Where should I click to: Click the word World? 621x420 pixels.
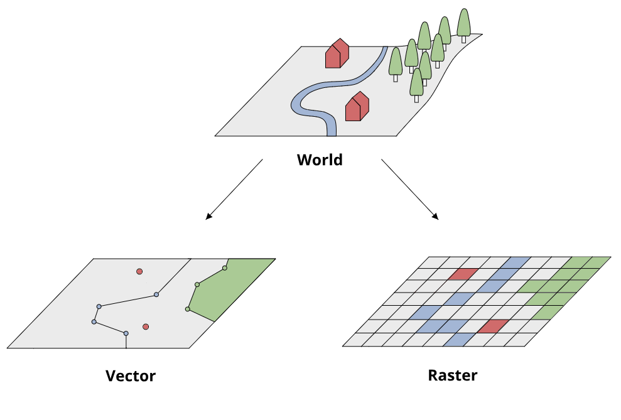click(320, 159)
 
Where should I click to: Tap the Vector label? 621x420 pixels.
click(131, 376)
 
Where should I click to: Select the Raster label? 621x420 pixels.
click(452, 375)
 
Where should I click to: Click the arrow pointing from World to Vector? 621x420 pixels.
click(233, 190)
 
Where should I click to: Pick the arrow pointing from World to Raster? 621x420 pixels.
click(410, 190)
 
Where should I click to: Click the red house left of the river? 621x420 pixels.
click(336, 54)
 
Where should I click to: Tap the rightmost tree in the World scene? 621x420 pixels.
click(463, 24)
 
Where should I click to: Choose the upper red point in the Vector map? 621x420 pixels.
click(139, 271)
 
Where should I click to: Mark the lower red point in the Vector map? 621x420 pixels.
click(146, 326)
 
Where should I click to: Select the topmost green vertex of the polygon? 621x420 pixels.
click(224, 268)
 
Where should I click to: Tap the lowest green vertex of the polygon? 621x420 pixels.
click(188, 309)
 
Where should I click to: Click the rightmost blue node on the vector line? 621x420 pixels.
click(156, 294)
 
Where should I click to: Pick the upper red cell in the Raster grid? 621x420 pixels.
click(463, 274)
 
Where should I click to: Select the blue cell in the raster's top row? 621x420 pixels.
click(519, 262)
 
